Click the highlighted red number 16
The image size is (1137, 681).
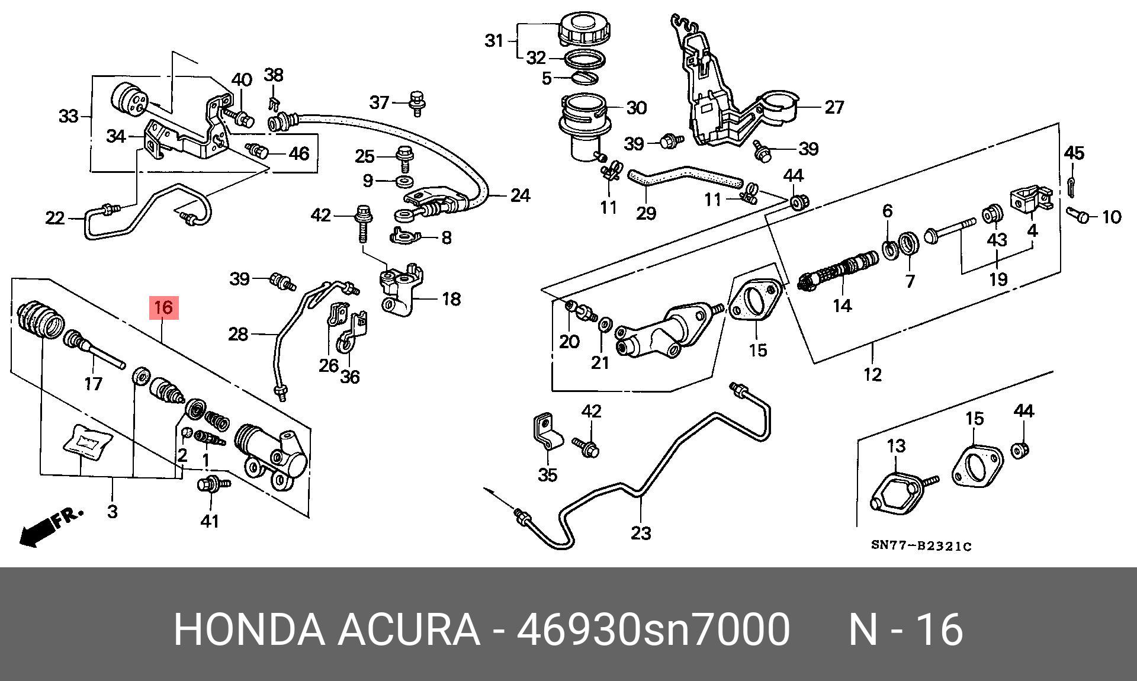163,308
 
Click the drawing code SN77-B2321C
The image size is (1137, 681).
921,546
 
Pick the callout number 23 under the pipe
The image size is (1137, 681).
641,533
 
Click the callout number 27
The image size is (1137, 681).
834,107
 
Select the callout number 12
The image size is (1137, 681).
872,374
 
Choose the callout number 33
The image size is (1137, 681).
69,116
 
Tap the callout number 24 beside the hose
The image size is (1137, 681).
520,195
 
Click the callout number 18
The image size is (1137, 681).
451,298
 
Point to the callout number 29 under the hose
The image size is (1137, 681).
646,213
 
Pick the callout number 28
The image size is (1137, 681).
238,335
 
